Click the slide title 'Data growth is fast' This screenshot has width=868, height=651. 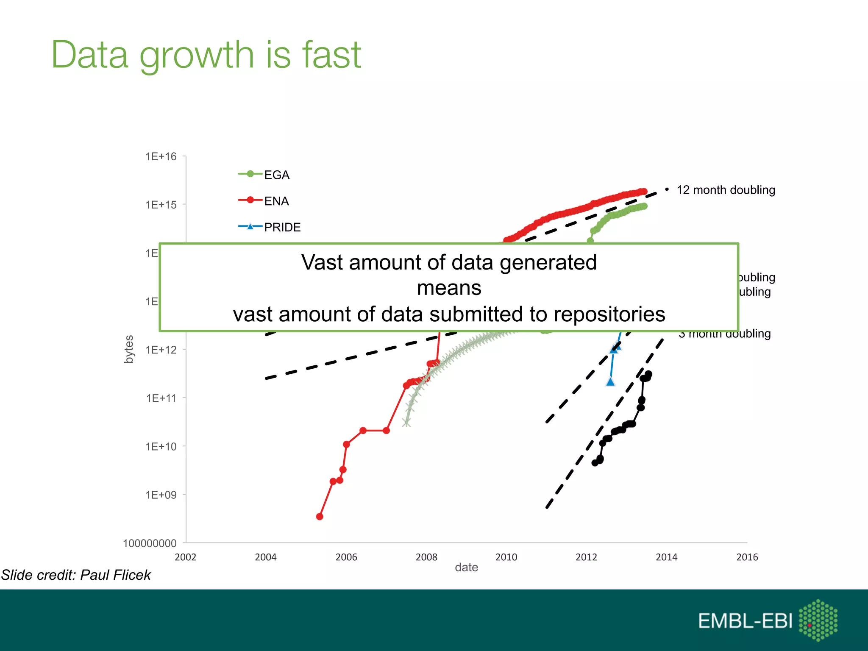[x=206, y=55]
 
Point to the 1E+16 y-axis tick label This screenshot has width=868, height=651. [x=161, y=156]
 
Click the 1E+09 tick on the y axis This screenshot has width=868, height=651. [x=161, y=495]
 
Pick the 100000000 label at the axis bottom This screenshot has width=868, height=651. [x=150, y=543]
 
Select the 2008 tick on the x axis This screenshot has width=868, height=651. [x=426, y=557]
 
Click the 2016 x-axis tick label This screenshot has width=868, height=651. [x=747, y=557]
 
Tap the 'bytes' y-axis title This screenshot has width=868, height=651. [x=129, y=349]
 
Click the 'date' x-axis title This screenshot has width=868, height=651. [x=466, y=568]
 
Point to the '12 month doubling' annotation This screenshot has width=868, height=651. [x=726, y=190]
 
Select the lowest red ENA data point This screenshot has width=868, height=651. [x=320, y=517]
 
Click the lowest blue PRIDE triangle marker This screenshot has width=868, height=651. [x=610, y=382]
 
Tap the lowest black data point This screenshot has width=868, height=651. [x=595, y=463]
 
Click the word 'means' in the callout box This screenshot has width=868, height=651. [x=449, y=288]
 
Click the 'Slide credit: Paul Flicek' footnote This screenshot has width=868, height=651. [x=76, y=575]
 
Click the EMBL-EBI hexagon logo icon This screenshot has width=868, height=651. [x=818, y=620]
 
